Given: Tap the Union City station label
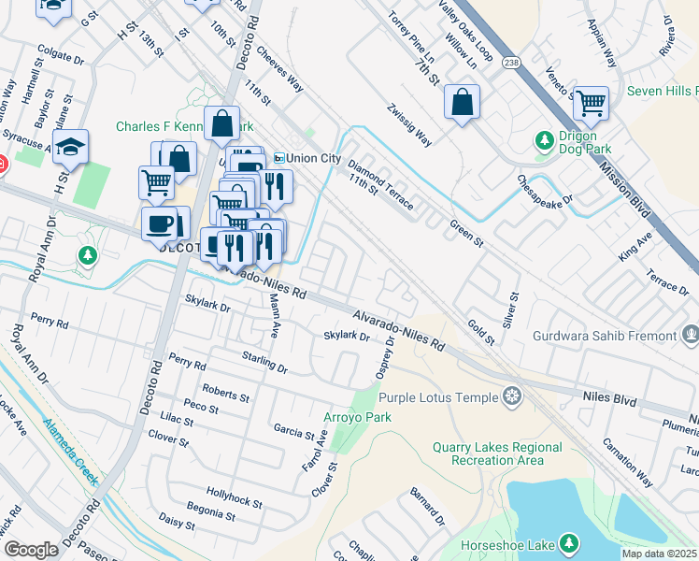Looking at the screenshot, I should (314, 157).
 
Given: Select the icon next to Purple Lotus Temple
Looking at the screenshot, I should (511, 397).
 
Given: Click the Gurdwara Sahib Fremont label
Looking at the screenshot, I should (604, 336).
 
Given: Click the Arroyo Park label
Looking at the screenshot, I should (357, 416).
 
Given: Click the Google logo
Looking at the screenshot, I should (31, 549).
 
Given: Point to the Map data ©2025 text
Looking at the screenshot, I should (658, 554).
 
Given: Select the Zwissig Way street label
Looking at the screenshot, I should (410, 124).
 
